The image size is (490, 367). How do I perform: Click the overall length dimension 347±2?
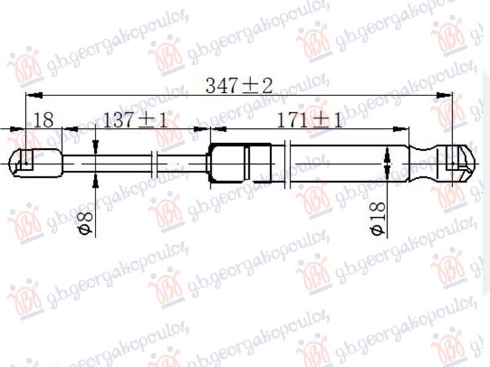tap(239, 86)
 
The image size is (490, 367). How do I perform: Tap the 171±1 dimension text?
tap(310, 120)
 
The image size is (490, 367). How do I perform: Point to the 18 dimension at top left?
tap(43, 120)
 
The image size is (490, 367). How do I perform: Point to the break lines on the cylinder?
tap(287, 163)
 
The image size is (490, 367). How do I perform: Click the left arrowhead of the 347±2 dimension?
tap(31, 95)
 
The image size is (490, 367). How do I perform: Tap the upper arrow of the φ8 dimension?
tap(96, 147)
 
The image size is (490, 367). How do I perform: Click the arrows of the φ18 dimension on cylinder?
tap(386, 163)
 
